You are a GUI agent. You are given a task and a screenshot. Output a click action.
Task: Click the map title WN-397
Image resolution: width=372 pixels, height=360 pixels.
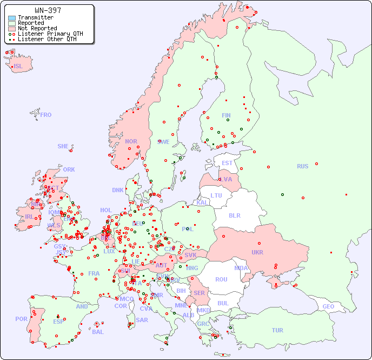(48, 10)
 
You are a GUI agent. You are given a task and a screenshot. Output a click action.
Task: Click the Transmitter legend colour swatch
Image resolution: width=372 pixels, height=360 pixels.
(12, 18)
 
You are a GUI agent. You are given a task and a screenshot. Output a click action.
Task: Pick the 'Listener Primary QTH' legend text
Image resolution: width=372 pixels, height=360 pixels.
(50, 34)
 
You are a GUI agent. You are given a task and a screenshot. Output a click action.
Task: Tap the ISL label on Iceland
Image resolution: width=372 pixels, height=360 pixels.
(18, 67)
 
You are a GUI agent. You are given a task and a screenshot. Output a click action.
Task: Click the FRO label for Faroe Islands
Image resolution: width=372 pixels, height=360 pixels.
(46, 115)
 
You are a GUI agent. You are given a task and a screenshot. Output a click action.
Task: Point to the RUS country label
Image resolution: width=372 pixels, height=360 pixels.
(302, 166)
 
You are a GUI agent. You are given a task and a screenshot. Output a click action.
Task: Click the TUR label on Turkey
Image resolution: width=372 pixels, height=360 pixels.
(277, 330)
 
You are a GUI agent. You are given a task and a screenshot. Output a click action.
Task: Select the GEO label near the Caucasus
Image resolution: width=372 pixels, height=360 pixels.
(328, 306)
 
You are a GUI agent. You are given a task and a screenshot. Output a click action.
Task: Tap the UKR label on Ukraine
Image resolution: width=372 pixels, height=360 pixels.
(257, 252)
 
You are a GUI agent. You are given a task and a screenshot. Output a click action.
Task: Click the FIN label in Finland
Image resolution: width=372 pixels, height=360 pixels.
(226, 115)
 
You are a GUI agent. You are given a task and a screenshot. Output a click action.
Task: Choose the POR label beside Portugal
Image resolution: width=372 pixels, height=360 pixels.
(21, 319)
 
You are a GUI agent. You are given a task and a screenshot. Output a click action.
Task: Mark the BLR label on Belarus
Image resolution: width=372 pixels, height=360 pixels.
(235, 215)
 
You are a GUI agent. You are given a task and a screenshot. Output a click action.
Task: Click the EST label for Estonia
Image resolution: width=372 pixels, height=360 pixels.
(227, 163)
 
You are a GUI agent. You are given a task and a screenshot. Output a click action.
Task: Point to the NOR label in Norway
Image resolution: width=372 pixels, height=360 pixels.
(131, 141)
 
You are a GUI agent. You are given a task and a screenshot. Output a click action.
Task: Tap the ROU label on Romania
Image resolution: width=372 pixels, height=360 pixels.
(221, 279)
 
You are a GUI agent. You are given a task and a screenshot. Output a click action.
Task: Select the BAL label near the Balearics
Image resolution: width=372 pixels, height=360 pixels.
(97, 332)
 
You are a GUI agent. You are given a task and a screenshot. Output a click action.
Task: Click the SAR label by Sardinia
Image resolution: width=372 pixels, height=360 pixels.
(142, 320)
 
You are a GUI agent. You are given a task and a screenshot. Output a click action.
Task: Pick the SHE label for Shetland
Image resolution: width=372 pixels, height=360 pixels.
(63, 146)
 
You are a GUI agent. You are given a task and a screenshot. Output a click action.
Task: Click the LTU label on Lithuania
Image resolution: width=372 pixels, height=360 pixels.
(216, 195)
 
